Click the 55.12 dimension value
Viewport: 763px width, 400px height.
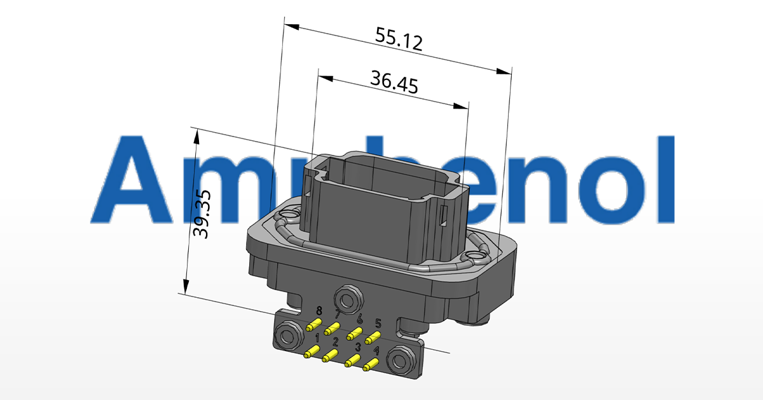tap(399, 39)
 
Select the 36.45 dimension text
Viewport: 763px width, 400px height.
tap(394, 83)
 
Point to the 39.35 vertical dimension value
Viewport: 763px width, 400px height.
tap(203, 212)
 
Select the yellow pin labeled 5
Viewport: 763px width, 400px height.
tap(373, 337)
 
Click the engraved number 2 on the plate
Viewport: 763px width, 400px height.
tap(335, 342)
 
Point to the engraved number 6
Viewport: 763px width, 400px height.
tap(360, 319)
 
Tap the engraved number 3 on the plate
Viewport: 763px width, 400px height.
tap(358, 347)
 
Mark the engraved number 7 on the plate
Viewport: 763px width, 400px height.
tap(338, 314)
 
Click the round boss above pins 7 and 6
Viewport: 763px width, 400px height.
tap(348, 298)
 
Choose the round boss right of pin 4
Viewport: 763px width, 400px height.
tap(400, 359)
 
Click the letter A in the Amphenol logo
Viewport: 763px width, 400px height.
tap(130, 179)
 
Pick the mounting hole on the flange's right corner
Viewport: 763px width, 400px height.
tap(474, 256)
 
